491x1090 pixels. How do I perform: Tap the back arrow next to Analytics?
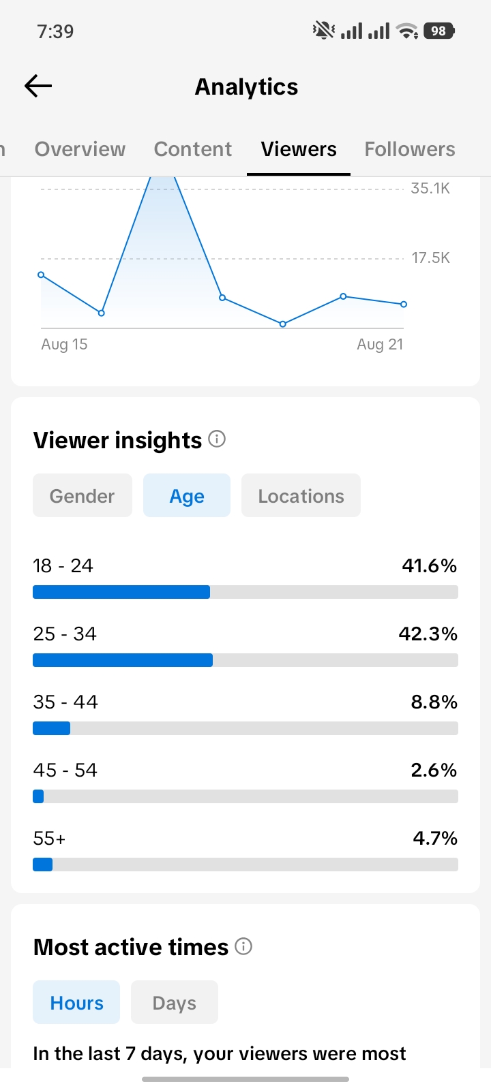pyautogui.click(x=38, y=86)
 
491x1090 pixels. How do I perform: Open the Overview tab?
pyautogui.click(x=80, y=149)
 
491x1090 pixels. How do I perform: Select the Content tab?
pyautogui.click(x=193, y=149)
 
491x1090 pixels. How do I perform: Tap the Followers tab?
pyautogui.click(x=410, y=149)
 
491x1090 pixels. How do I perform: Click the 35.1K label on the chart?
pyautogui.click(x=430, y=188)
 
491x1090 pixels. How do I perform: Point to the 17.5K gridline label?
pyautogui.click(x=430, y=258)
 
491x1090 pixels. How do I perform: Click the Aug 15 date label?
pyautogui.click(x=64, y=345)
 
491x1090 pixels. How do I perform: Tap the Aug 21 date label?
pyautogui.click(x=380, y=345)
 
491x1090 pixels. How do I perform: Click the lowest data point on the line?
pyautogui.click(x=282, y=324)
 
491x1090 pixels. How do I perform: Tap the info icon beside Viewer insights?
pyautogui.click(x=217, y=439)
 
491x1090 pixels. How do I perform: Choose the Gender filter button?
pyautogui.click(x=83, y=495)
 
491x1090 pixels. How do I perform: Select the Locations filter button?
pyautogui.click(x=301, y=495)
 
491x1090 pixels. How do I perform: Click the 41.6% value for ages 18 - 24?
pyautogui.click(x=429, y=566)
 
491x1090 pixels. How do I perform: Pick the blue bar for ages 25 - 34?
pyautogui.click(x=123, y=660)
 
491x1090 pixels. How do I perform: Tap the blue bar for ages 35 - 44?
pyautogui.click(x=52, y=728)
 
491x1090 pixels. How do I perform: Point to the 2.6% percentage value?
pyautogui.click(x=434, y=770)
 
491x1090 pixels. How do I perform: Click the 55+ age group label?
pyautogui.click(x=49, y=839)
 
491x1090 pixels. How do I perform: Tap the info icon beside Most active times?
pyautogui.click(x=243, y=946)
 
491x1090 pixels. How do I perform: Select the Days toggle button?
pyautogui.click(x=175, y=1002)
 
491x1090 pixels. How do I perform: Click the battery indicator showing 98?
pyautogui.click(x=439, y=31)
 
